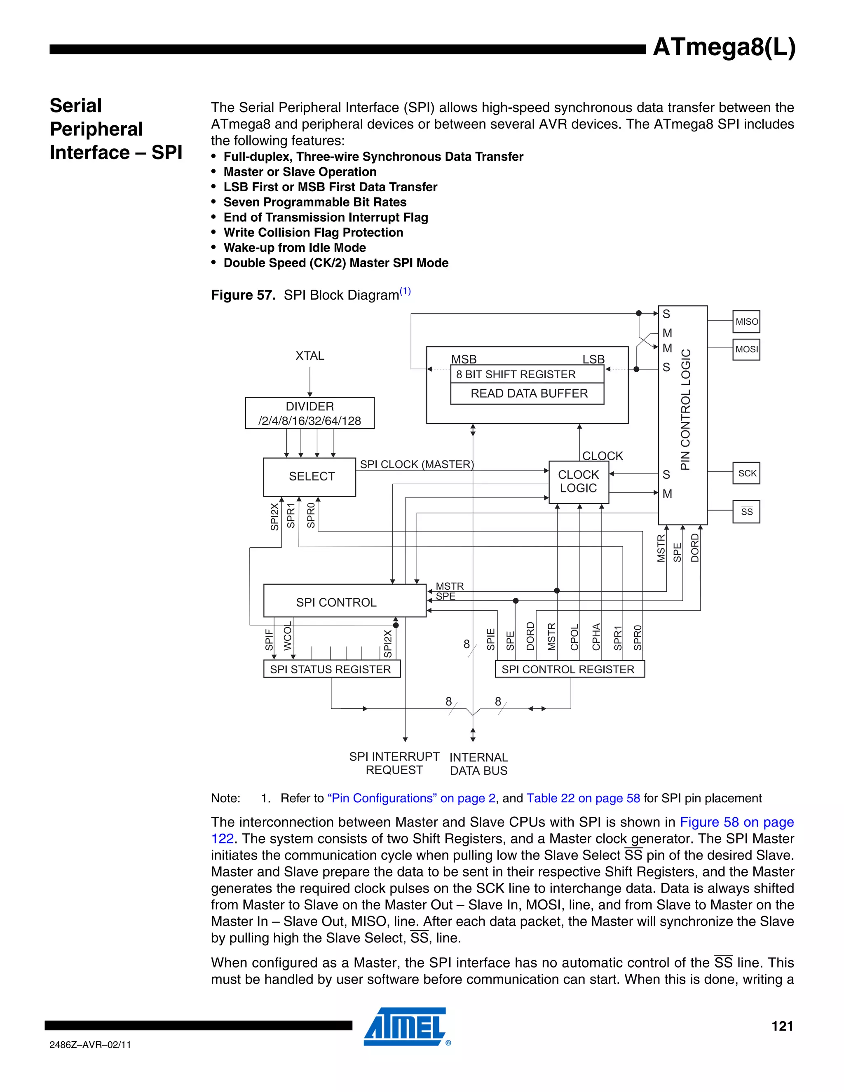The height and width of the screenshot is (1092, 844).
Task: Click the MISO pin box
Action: [746, 321]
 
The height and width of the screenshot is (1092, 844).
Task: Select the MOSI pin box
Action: [746, 349]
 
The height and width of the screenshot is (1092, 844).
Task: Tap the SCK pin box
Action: [746, 473]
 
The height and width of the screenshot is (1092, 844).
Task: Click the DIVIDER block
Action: [309, 413]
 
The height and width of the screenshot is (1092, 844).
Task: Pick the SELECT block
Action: [309, 476]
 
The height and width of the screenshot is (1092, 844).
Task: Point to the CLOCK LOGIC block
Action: [579, 481]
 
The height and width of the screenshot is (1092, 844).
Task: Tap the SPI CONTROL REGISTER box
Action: [570, 669]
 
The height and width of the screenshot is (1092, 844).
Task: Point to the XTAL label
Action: [309, 356]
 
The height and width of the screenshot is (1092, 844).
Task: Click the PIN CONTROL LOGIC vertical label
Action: [685, 409]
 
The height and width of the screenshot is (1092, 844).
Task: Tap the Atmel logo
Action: [405, 1026]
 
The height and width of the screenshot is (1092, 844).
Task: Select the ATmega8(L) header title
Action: [724, 47]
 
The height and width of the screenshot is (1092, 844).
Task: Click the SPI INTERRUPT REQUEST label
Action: [394, 763]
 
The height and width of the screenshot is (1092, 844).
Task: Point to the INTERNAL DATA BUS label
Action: [478, 764]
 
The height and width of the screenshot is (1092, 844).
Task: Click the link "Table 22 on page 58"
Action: [583, 798]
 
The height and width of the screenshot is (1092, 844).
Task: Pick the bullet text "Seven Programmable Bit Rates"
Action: [314, 202]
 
